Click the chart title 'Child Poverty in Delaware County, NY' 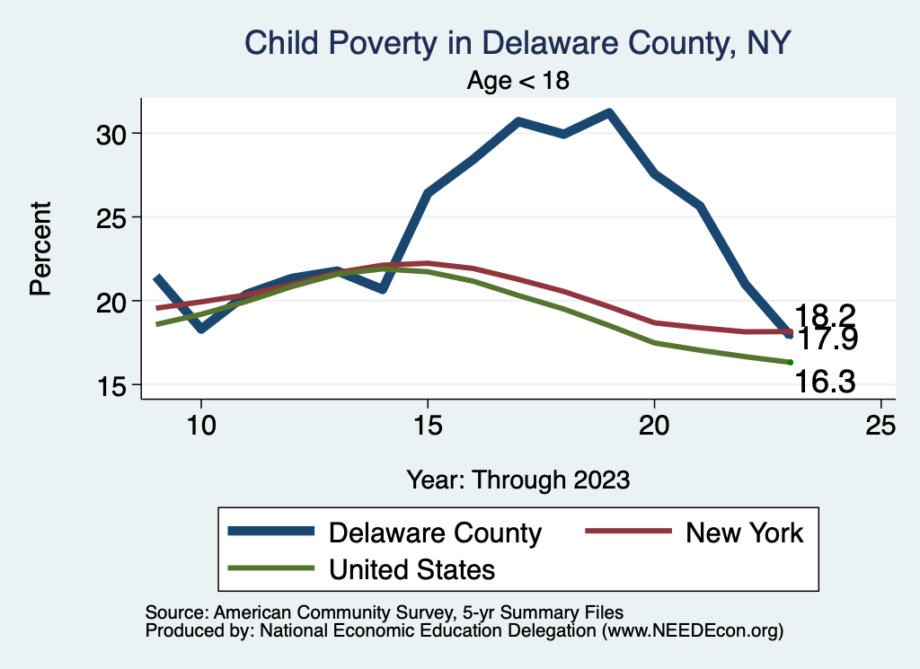[x=517, y=43]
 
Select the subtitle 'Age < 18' [x=518, y=80]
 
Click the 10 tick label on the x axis [x=200, y=426]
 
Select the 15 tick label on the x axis [x=428, y=426]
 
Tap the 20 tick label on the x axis [x=654, y=426]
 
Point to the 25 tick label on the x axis [x=880, y=426]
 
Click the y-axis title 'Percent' [x=40, y=249]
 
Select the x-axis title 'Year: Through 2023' [x=517, y=479]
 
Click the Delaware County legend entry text [x=436, y=533]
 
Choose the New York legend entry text [x=745, y=533]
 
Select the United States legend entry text [x=412, y=568]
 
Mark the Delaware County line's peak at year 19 [x=609, y=112]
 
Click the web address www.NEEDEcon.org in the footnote [x=691, y=631]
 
